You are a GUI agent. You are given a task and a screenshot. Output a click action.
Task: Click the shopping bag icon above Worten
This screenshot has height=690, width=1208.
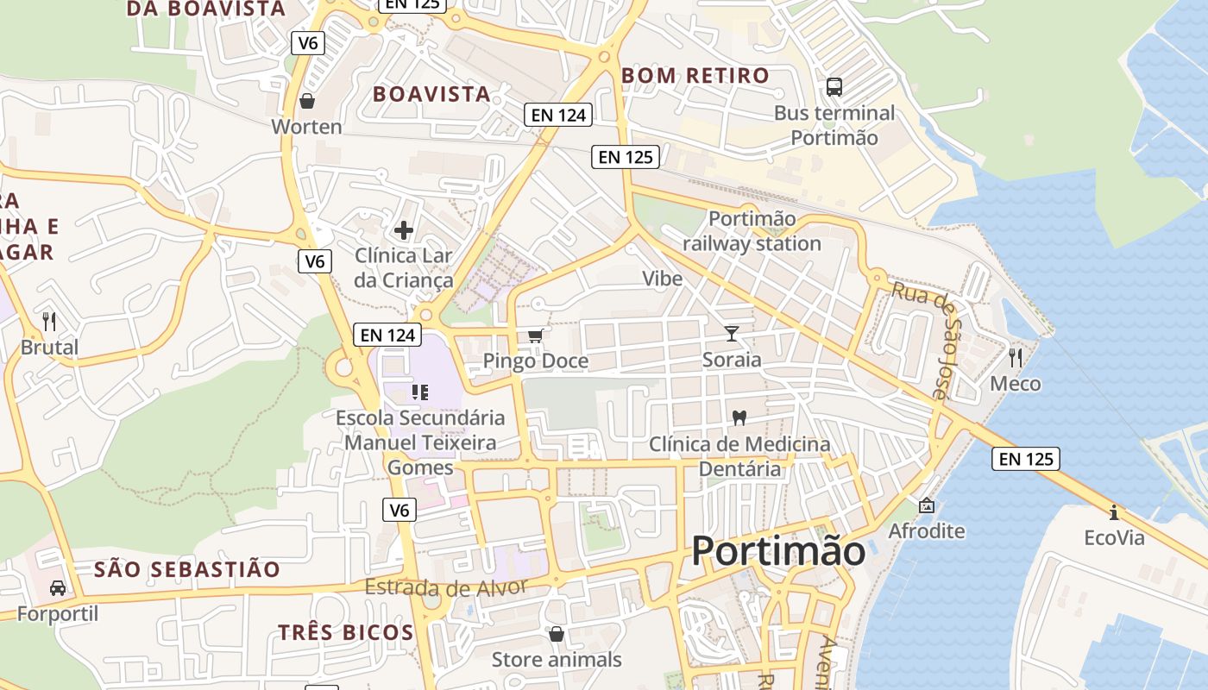click(307, 102)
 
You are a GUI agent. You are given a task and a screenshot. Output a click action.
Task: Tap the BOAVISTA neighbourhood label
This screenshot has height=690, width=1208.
click(431, 94)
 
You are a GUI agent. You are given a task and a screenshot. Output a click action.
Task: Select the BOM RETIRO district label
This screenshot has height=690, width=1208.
click(695, 76)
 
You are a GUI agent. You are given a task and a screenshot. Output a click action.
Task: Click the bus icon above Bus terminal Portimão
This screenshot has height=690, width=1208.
click(834, 86)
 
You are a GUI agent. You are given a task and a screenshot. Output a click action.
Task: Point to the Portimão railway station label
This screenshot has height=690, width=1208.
click(752, 231)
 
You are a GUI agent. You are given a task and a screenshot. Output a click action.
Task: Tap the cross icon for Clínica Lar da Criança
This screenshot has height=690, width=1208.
click(403, 230)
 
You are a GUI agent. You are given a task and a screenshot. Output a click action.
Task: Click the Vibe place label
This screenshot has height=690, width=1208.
click(662, 279)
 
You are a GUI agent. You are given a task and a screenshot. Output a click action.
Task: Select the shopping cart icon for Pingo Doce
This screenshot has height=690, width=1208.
click(535, 336)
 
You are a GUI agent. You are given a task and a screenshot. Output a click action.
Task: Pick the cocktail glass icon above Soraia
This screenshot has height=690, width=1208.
click(732, 334)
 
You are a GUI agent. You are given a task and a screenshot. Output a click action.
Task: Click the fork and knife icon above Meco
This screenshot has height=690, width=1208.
click(1015, 357)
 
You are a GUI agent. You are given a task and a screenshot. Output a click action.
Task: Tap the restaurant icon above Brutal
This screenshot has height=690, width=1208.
click(49, 322)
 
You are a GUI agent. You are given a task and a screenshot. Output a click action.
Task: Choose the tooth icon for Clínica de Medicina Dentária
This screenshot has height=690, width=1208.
click(739, 417)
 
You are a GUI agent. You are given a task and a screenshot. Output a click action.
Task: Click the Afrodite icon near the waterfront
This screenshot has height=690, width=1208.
click(927, 505)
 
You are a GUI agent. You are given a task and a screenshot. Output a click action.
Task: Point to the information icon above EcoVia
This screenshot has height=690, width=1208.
click(1114, 512)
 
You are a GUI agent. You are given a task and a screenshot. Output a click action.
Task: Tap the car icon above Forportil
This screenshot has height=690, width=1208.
click(58, 588)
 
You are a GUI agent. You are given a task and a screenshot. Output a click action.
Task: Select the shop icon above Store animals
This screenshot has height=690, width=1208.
click(557, 634)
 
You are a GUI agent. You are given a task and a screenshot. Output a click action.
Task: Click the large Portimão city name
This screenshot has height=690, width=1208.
click(778, 550)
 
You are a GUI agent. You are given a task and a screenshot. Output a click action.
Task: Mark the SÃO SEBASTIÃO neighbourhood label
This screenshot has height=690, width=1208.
click(187, 569)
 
